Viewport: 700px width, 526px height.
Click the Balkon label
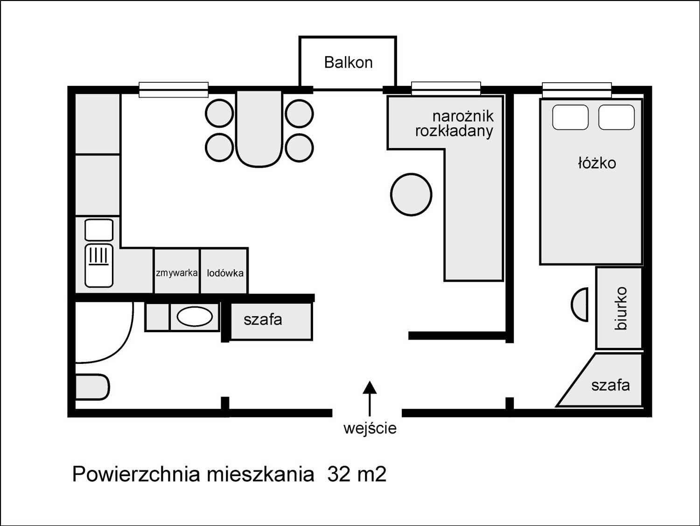pos(348,63)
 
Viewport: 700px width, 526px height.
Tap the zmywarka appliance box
pos(177,271)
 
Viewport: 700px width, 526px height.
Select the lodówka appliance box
pos(224,271)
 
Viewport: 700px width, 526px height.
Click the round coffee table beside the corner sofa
pos(411,194)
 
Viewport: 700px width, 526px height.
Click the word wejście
pos(370,428)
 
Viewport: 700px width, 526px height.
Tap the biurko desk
pos(619,308)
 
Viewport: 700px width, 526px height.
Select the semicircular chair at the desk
pos(580,305)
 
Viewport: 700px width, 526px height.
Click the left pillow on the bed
pos(570,117)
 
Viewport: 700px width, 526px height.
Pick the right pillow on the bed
pos(616,117)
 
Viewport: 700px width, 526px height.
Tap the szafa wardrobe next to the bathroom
pos(271,321)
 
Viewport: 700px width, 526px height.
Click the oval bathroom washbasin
pos(195,317)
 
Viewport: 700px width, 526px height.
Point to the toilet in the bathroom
pos(92,387)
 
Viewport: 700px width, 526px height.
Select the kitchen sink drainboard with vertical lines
pos(99,265)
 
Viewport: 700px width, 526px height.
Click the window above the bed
pos(577,90)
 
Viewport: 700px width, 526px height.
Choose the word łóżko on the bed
pos(597,163)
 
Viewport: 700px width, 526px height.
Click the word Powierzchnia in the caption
pos(136,474)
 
